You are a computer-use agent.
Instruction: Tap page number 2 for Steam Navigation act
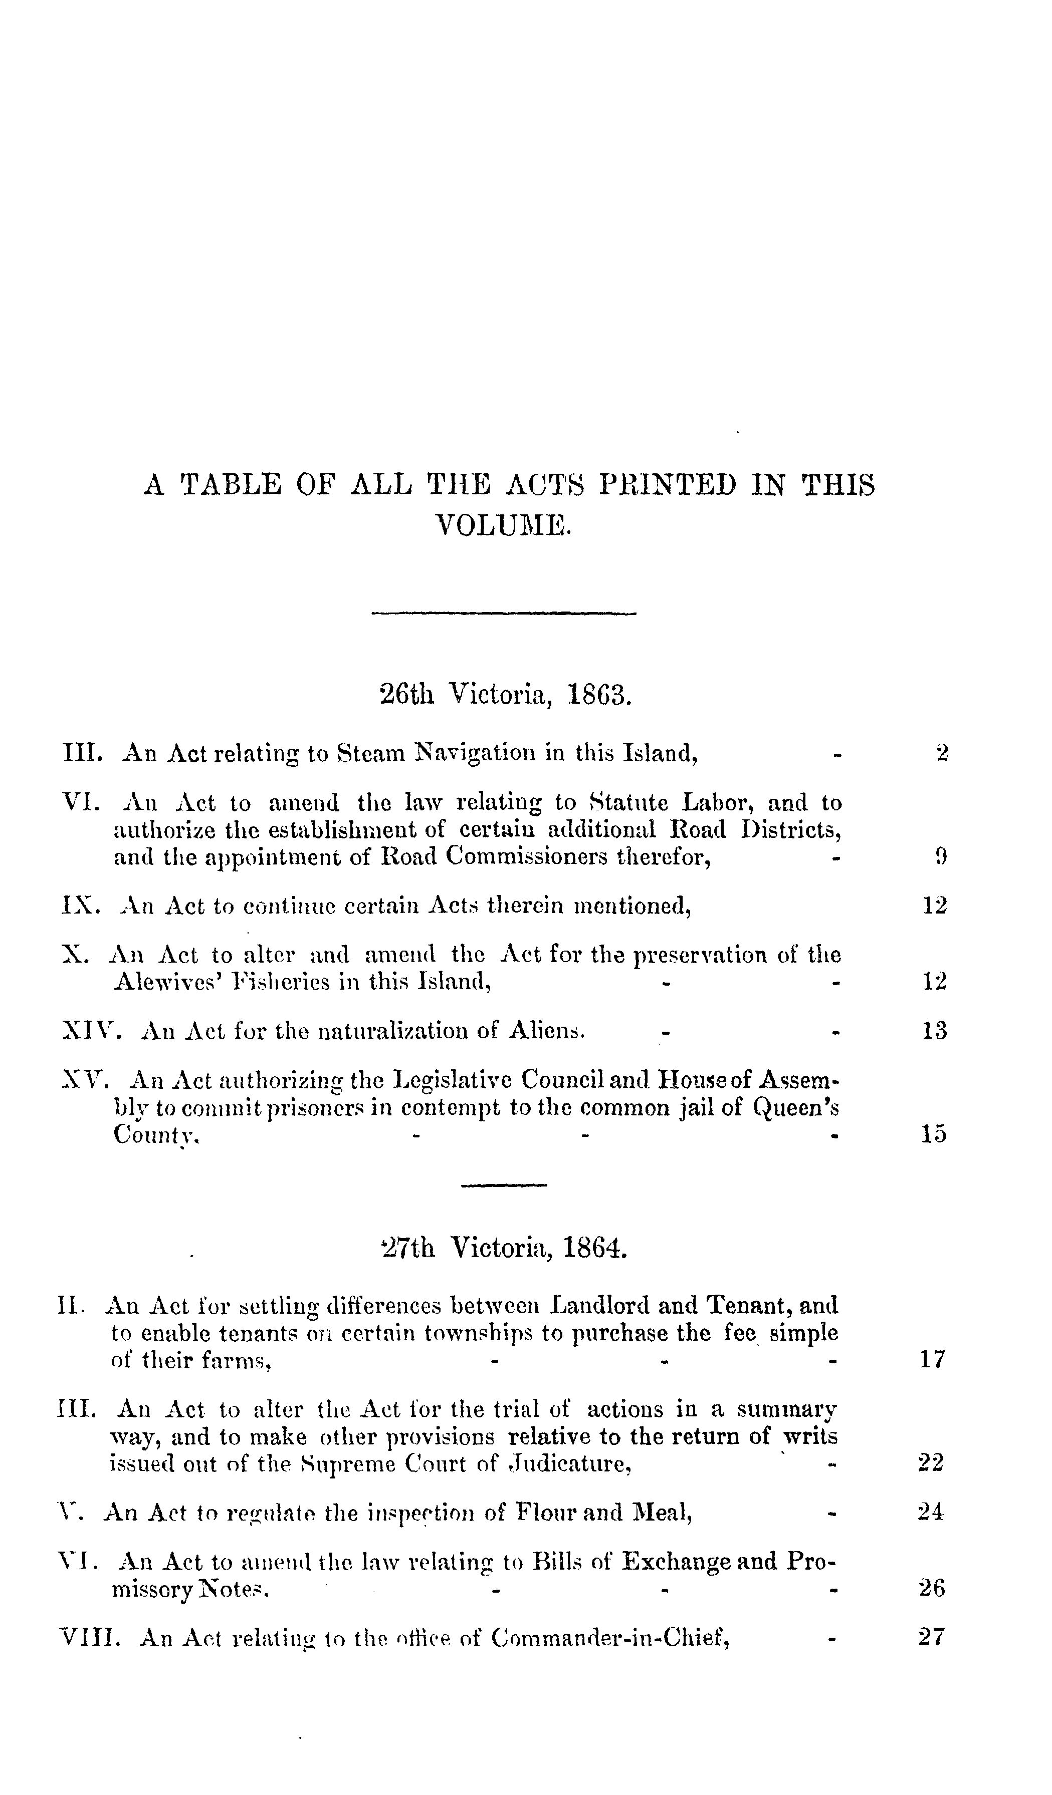(942, 753)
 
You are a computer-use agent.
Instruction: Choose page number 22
(931, 1462)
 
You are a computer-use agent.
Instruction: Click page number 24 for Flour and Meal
(931, 1512)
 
